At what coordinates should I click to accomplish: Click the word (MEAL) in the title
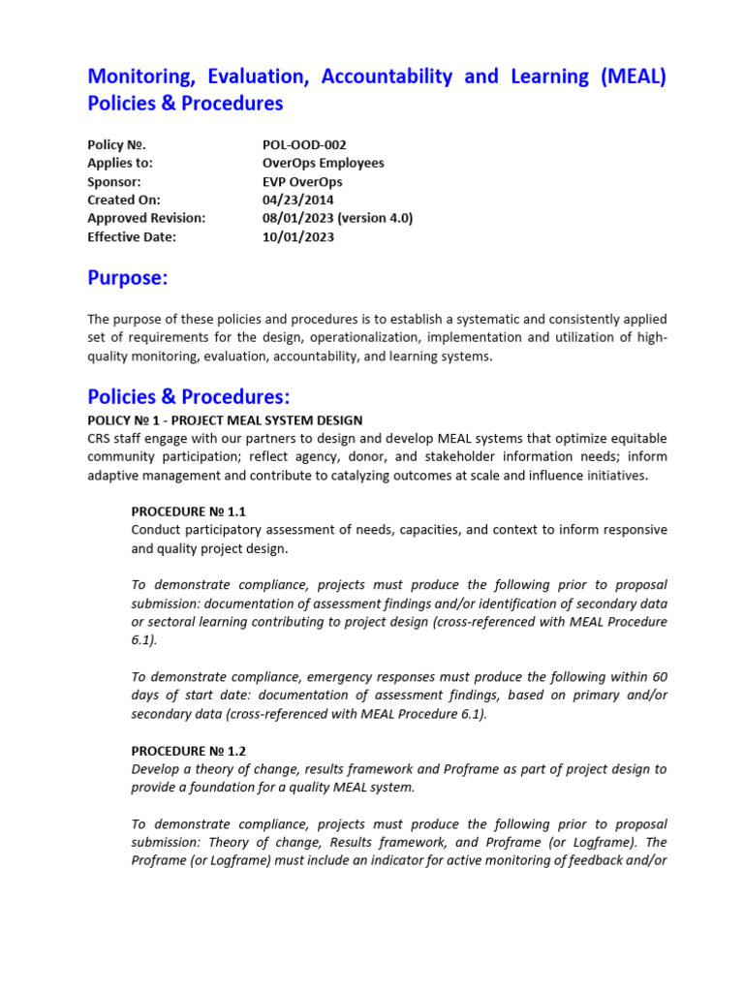click(x=633, y=77)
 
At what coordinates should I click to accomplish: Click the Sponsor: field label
click(x=114, y=181)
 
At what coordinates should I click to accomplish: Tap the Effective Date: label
click(x=133, y=236)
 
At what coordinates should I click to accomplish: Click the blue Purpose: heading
click(x=128, y=279)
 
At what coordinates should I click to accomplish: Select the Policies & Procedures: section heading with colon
click(x=189, y=397)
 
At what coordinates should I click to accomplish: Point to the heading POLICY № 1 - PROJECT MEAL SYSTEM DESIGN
click(x=225, y=419)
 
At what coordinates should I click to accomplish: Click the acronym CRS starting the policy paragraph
click(x=101, y=438)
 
